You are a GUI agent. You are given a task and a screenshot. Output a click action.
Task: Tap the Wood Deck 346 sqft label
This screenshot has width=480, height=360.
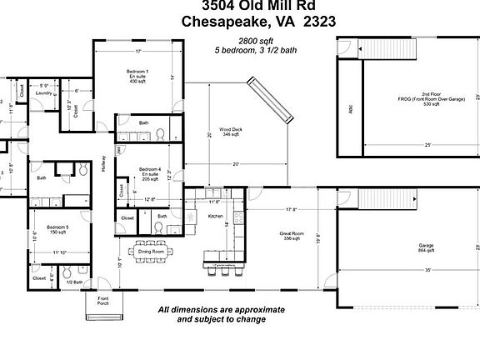(x=231, y=132)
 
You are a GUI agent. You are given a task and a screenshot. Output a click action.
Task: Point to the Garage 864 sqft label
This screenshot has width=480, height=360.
(x=426, y=248)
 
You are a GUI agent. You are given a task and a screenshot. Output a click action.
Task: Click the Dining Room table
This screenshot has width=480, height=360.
(x=150, y=250)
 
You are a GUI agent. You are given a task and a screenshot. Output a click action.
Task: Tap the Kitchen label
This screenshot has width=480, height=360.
(x=216, y=217)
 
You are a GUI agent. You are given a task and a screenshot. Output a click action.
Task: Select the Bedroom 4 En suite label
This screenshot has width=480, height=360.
(x=150, y=173)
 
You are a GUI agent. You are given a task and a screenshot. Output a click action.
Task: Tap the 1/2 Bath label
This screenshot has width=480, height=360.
(x=73, y=282)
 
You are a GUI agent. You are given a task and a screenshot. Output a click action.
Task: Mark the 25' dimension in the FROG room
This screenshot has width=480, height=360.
(x=427, y=145)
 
